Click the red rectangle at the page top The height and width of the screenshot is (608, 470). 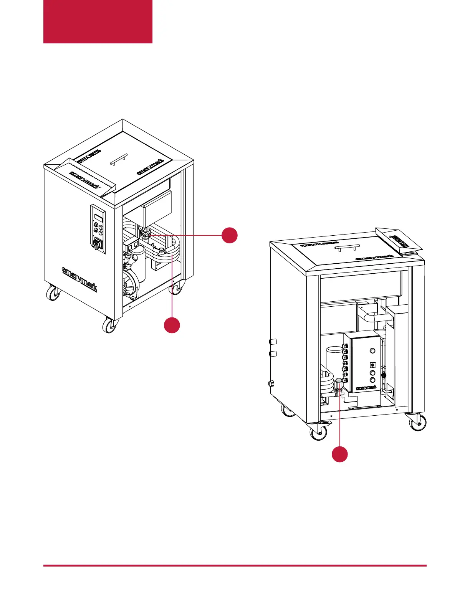pyautogui.click(x=98, y=21)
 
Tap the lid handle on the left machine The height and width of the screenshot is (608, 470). pyautogui.click(x=118, y=159)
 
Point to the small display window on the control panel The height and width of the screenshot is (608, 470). pyautogui.click(x=99, y=218)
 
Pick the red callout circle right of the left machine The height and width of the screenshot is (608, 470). pyautogui.click(x=229, y=235)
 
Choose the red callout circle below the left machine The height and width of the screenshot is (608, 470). pyautogui.click(x=172, y=325)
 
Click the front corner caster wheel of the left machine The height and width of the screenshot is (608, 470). pyautogui.click(x=110, y=326)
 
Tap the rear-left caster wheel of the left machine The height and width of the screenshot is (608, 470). pyautogui.click(x=53, y=294)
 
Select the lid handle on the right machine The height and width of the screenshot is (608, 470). pyautogui.click(x=347, y=248)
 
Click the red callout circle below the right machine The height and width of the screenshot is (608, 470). pyautogui.click(x=340, y=454)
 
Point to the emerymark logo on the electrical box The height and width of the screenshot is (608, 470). pyautogui.click(x=366, y=387)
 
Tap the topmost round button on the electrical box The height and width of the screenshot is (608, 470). pyautogui.click(x=372, y=350)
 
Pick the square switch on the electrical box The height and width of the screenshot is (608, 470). pyautogui.click(x=372, y=365)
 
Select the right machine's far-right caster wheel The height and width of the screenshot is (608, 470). pyautogui.click(x=417, y=422)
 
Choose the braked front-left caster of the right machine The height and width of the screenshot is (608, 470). pyautogui.click(x=319, y=431)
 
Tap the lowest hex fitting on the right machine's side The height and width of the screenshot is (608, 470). pyautogui.click(x=271, y=383)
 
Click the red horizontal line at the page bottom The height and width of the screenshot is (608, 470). pyautogui.click(x=235, y=565)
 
